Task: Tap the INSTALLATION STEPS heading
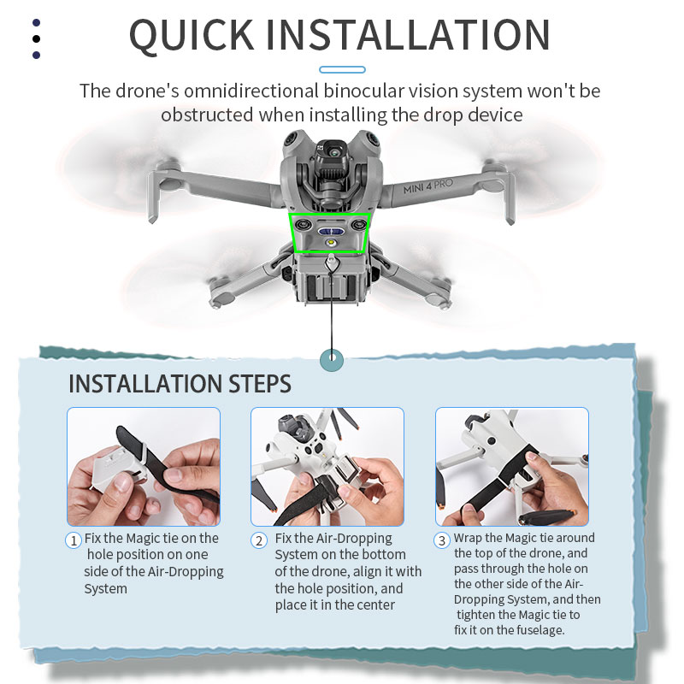(x=180, y=384)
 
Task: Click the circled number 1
(x=74, y=540)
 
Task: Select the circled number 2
(x=259, y=540)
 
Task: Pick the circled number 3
(x=442, y=540)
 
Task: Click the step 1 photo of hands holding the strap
(x=144, y=467)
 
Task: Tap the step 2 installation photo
(x=327, y=467)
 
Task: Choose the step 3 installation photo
(x=511, y=467)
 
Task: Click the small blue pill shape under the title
(x=342, y=69)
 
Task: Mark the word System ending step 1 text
(x=105, y=588)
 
